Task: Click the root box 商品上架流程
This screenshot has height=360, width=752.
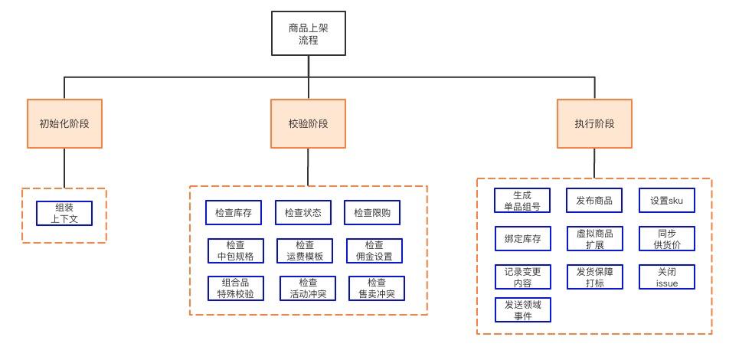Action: coord(309,34)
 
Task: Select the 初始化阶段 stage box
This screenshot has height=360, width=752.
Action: coord(64,123)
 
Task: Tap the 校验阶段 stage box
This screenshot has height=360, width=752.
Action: coord(308,123)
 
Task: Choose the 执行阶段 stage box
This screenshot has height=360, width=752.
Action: coord(594,123)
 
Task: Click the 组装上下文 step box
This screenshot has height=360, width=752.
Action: coord(64,213)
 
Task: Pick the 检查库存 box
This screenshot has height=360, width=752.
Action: coord(234,212)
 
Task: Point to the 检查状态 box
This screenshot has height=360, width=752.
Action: coord(303,212)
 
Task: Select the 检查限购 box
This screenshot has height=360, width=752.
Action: coord(372,212)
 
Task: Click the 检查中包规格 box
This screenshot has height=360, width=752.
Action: coord(236,250)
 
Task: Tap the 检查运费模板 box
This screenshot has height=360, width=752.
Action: coord(305,250)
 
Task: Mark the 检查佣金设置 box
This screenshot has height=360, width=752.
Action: coord(374,250)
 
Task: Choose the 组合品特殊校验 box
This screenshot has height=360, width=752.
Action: coord(236,288)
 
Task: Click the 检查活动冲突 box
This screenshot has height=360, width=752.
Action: coord(308,288)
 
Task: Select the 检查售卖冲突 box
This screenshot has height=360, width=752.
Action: coord(376,288)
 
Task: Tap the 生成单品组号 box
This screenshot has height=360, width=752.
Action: coord(522,201)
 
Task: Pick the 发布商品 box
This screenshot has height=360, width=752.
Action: coord(594,201)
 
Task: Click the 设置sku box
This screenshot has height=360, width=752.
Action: coord(667,201)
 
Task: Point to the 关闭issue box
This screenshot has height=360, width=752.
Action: coord(667,277)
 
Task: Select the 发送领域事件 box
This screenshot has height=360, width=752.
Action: coord(522,310)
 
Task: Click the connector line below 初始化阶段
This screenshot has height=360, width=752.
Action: coord(64,168)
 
